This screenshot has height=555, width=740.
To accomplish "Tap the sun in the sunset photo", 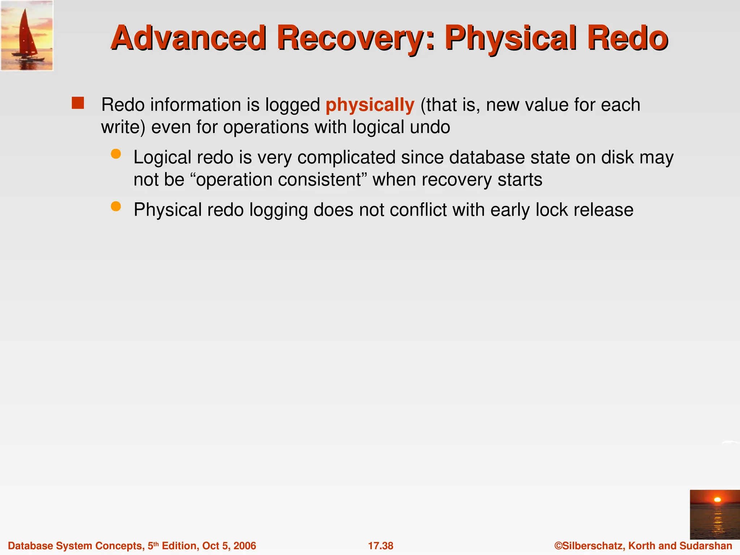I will [718, 500].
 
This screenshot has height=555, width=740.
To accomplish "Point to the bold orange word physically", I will [370, 105].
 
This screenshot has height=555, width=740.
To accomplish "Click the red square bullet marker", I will [78, 103].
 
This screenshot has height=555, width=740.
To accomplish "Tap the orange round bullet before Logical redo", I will [116, 154].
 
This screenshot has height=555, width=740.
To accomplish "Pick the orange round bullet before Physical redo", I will [116, 207].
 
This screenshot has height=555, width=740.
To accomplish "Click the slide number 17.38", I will [380, 546].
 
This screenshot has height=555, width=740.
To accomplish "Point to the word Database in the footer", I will [30, 546].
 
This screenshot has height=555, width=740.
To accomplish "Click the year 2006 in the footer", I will [245, 546].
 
